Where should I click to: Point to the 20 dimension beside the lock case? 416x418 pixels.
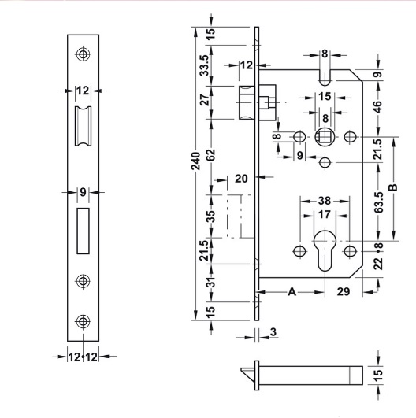pyautogui.click(x=241, y=178)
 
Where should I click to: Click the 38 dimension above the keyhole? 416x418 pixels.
pyautogui.click(x=325, y=201)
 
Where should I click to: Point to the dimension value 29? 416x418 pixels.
pyautogui.click(x=344, y=292)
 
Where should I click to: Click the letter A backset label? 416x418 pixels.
pyautogui.click(x=292, y=291)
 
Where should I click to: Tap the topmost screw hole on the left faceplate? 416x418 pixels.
pyautogui.click(x=83, y=54)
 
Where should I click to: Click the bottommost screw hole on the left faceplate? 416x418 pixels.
pyautogui.click(x=83, y=320)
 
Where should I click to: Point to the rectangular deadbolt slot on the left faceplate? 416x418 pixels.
pyautogui.click(x=83, y=230)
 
